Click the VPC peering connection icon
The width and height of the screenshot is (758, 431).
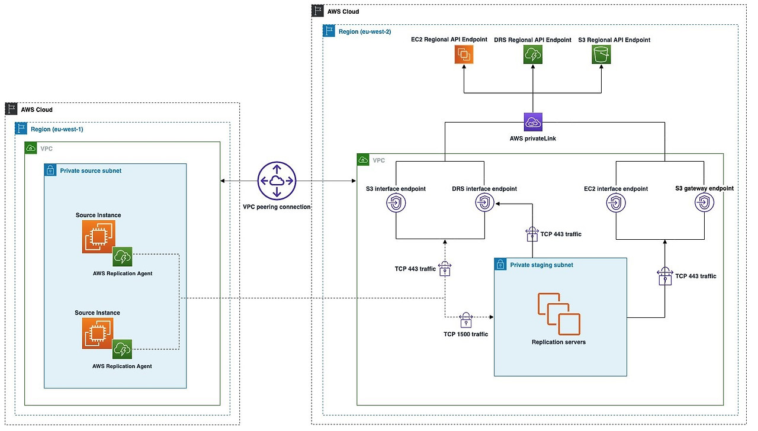[x=277, y=181]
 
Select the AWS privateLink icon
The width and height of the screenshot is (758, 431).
[x=533, y=122]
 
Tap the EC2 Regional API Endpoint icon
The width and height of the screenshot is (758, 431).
[x=464, y=54]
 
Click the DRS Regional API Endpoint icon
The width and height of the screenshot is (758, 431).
[x=533, y=54]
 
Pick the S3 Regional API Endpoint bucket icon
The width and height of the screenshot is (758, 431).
[x=601, y=54]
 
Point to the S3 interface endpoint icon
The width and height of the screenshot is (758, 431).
[x=396, y=203]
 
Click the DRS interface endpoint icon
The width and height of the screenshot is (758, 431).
[x=484, y=203]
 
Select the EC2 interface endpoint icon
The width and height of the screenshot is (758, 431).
[x=616, y=203]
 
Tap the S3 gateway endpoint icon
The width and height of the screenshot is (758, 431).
[x=704, y=202]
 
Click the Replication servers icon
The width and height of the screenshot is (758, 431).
[x=559, y=314]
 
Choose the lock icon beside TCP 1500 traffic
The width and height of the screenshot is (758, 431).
[x=466, y=320]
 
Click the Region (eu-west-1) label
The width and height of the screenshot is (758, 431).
[x=57, y=129]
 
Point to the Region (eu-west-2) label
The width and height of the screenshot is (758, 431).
[x=365, y=32]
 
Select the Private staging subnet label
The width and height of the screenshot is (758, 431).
[x=541, y=265]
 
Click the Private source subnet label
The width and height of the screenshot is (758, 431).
[x=91, y=171]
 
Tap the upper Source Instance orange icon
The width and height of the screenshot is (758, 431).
[x=98, y=237]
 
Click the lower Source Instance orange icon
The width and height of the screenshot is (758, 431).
[x=98, y=333]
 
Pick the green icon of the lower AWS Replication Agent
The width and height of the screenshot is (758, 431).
[x=122, y=349]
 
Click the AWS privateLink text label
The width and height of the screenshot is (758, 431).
[x=532, y=139]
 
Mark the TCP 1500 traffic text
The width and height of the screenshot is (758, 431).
[x=465, y=334]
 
